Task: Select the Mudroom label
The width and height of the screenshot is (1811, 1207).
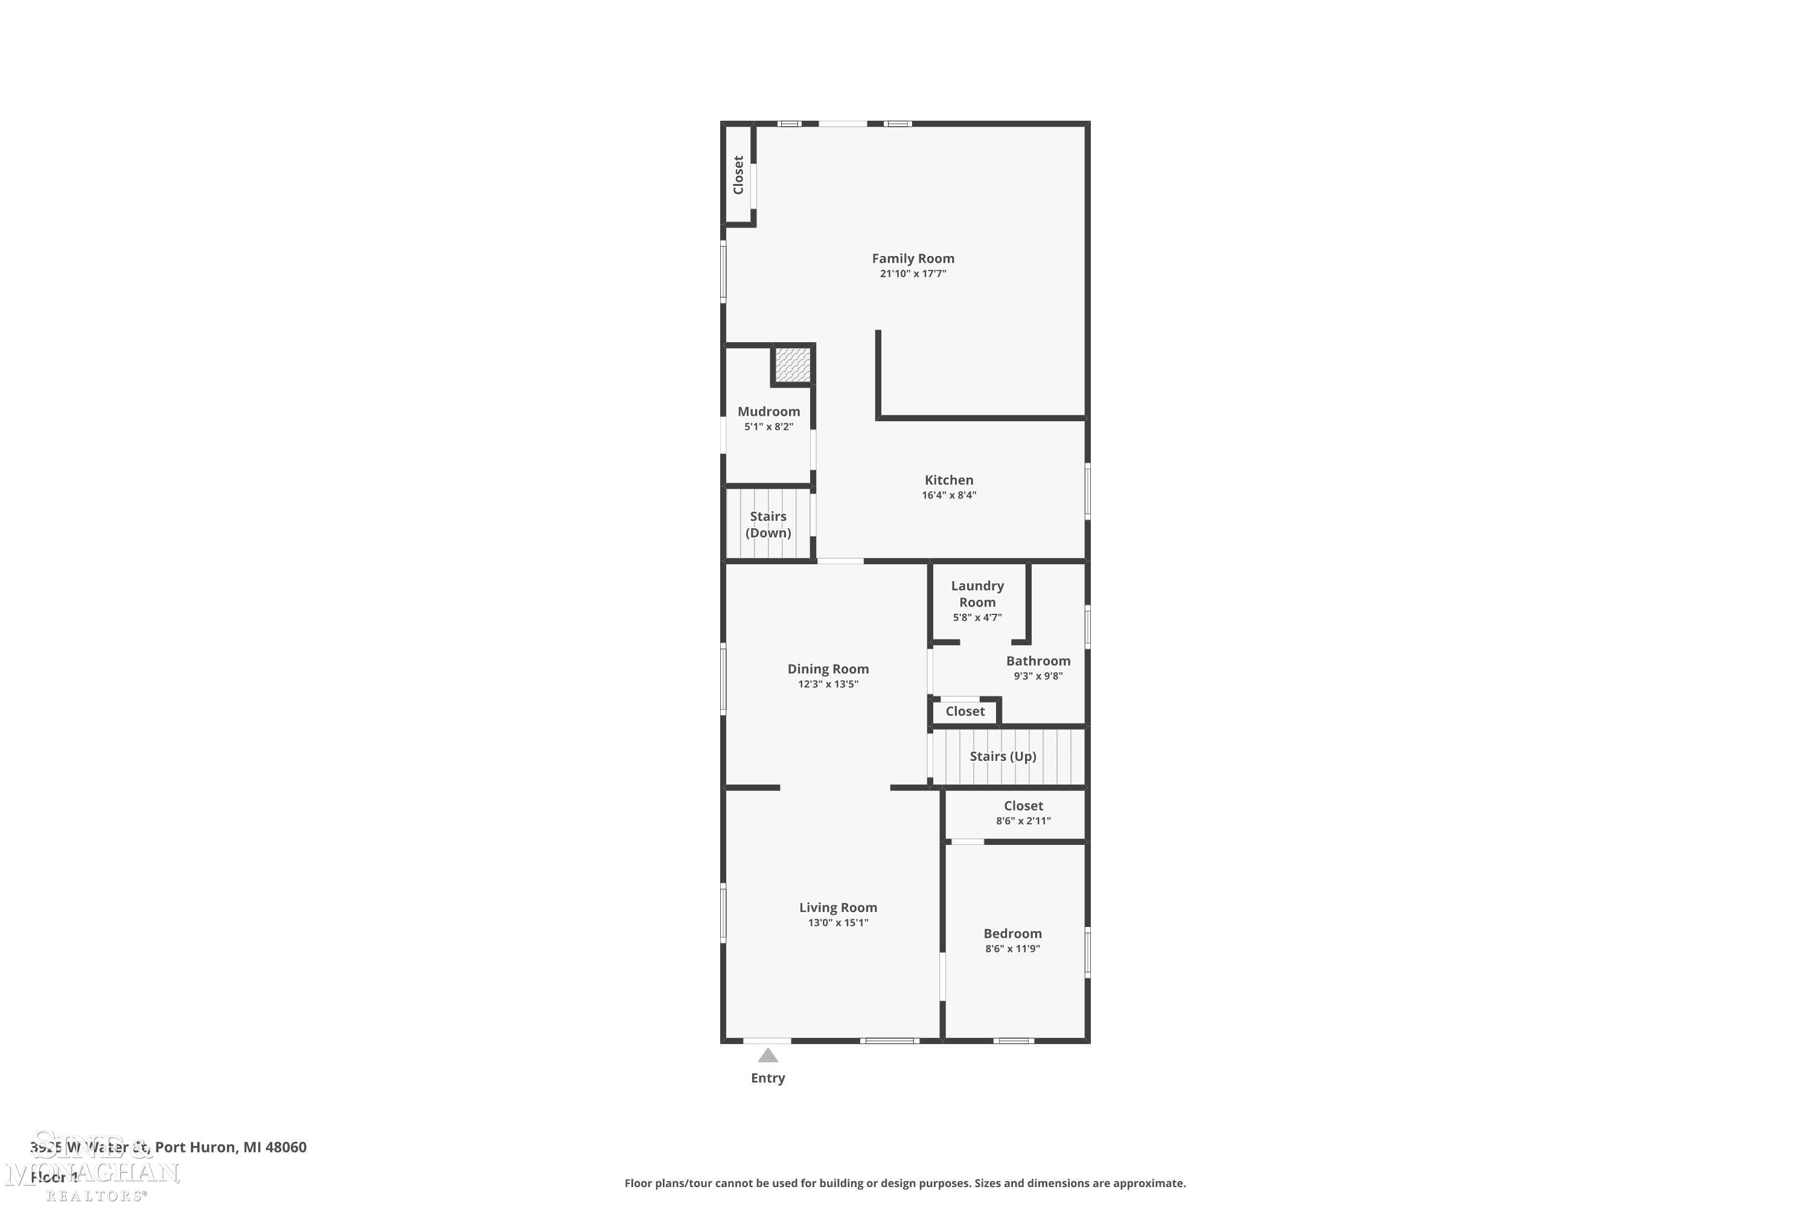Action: [x=768, y=412]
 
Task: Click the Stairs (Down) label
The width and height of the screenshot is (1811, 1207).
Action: [x=768, y=524]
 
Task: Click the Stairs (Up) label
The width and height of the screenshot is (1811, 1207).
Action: [x=1003, y=757]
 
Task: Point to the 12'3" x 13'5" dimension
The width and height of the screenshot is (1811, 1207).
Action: [x=828, y=684]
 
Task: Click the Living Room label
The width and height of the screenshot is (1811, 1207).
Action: [x=838, y=908]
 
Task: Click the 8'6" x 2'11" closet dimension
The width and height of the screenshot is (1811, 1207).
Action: [x=1023, y=821]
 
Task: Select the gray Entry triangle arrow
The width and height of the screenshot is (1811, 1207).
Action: [x=768, y=1056]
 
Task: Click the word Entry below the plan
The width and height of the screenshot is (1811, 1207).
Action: [x=768, y=1078]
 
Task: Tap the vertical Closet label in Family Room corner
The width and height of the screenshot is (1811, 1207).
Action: [x=738, y=176]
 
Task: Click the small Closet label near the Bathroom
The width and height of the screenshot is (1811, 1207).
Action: [x=965, y=712]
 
